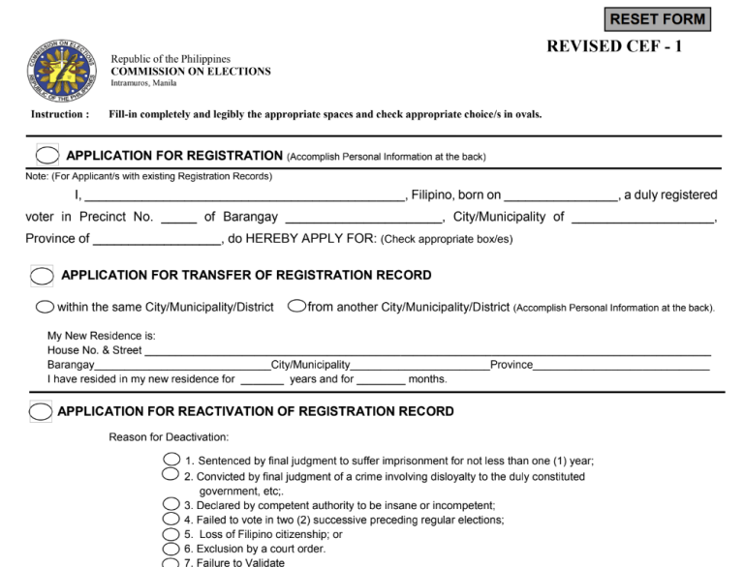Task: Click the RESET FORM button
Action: tap(658, 18)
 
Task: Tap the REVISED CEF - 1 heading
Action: tap(614, 46)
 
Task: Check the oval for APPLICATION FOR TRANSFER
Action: tap(42, 276)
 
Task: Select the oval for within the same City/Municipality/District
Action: tap(45, 308)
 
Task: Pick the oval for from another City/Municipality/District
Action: tap(296, 308)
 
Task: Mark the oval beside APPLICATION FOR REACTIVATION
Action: tap(41, 411)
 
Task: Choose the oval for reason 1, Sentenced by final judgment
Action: tap(171, 460)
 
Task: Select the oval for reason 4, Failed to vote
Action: tap(171, 520)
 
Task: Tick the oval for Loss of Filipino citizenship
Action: tap(171, 534)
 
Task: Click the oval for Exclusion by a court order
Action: tap(171, 549)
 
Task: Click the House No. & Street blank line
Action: tap(426, 350)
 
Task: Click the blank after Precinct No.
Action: tap(179, 218)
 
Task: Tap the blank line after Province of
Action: tap(157, 239)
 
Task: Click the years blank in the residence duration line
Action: tap(262, 380)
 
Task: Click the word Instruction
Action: tap(60, 114)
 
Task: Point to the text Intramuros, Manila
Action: tap(143, 83)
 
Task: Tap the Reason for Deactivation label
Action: tap(169, 437)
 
